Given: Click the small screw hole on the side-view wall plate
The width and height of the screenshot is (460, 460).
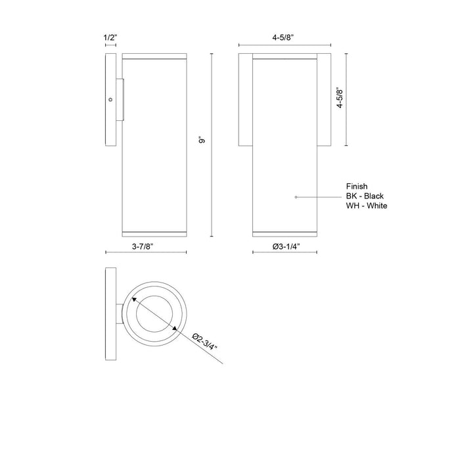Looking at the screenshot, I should coord(111,100).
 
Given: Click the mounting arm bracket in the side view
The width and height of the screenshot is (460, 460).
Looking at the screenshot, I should coord(122,100).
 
